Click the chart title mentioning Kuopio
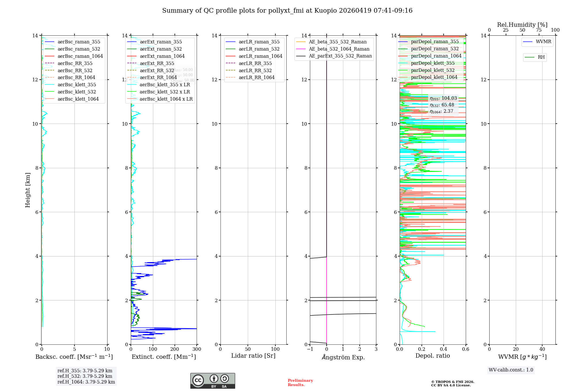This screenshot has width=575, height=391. click(287, 11)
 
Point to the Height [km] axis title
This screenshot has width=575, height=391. click(28, 190)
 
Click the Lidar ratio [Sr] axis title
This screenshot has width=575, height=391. click(253, 356)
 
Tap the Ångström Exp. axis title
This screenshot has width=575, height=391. click(343, 357)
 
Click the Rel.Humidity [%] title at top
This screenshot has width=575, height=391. click(522, 25)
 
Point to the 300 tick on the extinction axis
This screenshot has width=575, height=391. click(197, 349)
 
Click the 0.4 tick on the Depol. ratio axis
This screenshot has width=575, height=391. click(444, 349)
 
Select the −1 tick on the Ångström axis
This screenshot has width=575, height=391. click(310, 349)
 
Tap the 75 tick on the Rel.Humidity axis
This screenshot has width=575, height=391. click(539, 30)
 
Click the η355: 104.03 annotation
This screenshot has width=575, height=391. click(443, 98)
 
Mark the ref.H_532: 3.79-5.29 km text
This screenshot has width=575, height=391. click(85, 376)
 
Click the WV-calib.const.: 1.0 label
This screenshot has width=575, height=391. click(511, 370)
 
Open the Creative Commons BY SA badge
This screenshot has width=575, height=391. click(212, 381)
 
